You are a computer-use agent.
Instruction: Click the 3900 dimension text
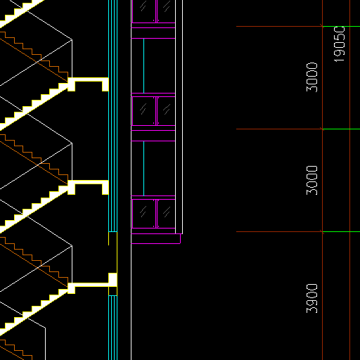[312, 298]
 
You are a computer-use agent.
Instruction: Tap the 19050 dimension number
[339, 44]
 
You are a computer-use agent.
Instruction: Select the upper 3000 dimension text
[312, 77]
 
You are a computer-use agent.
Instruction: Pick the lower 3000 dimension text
[312, 180]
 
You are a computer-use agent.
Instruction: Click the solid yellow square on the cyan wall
[112, 280]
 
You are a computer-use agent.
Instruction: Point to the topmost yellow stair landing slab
[88, 84]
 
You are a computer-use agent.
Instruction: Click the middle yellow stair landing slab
[88, 188]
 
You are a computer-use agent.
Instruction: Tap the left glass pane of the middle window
[143, 111]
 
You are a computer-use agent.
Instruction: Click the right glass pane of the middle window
[166, 111]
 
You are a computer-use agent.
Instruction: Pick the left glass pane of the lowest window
[143, 214]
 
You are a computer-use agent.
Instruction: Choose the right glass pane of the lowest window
[166, 214]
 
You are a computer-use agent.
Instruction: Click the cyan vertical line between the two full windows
[143, 168]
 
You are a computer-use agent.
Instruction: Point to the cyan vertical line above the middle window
[143, 66]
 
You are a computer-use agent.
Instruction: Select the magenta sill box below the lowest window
[155, 238]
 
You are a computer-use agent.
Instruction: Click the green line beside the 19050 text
[341, 27]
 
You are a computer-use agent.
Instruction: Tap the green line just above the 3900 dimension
[341, 232]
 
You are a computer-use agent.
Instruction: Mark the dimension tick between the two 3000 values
[322, 129]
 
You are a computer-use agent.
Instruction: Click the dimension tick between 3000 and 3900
[322, 232]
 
